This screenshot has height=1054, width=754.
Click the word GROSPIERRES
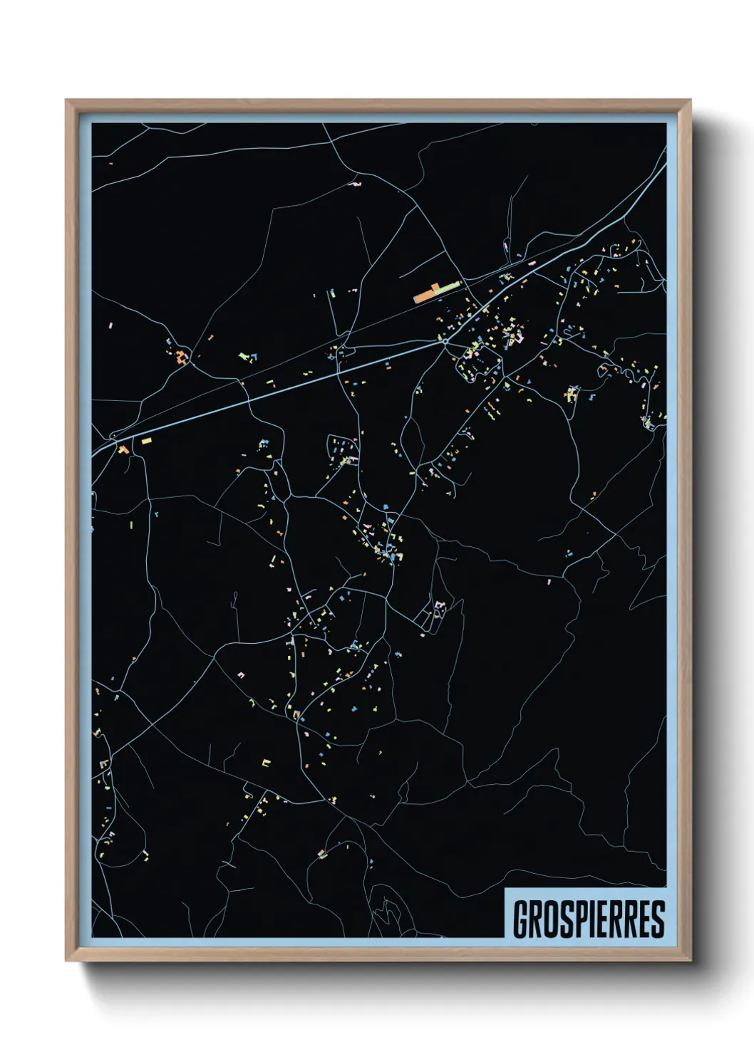coord(589,919)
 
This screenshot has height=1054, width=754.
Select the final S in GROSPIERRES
coord(657,919)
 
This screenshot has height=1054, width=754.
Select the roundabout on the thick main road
coord(445,342)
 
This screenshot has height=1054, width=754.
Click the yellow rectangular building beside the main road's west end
coord(147,442)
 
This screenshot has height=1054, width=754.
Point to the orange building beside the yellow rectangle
coord(123,449)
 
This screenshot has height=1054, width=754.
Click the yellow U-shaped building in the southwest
coord(267,763)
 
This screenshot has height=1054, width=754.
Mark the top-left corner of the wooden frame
coord(66,100)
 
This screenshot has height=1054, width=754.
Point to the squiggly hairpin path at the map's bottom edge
coord(387,909)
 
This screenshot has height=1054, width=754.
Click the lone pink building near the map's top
coord(356,184)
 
